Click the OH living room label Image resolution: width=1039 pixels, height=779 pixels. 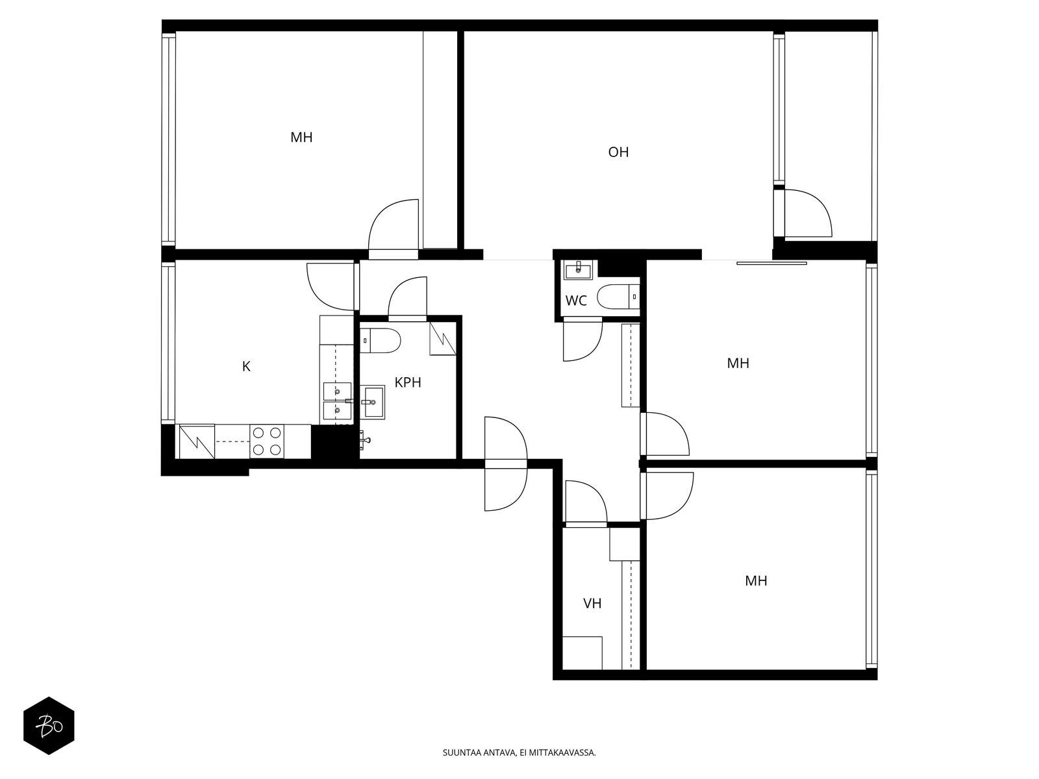[618, 152]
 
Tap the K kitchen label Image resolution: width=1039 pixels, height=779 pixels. [246, 366]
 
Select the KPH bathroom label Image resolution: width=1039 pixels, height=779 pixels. [408, 382]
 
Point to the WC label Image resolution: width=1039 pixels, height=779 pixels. [576, 301]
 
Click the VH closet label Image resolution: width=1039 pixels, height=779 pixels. [592, 603]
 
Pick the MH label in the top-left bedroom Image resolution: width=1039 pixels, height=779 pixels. [301, 137]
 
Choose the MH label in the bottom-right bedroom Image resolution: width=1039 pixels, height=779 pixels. [756, 580]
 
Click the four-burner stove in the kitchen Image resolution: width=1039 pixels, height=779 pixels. [267, 441]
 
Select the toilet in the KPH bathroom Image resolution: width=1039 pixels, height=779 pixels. [380, 341]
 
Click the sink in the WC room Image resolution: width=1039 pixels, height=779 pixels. [577, 270]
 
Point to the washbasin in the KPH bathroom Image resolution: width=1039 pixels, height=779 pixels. [372, 402]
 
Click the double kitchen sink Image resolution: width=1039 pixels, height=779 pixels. [336, 402]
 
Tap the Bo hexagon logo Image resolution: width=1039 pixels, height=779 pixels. [49, 726]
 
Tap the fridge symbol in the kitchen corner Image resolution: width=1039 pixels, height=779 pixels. [197, 441]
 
